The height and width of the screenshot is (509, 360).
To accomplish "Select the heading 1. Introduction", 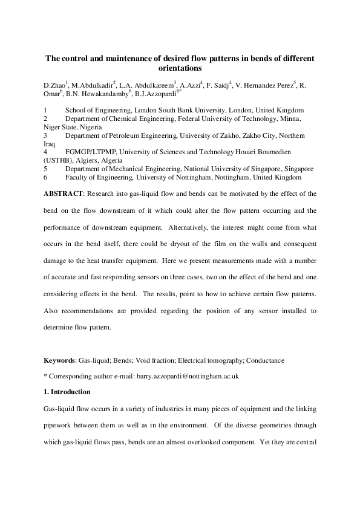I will [67, 392].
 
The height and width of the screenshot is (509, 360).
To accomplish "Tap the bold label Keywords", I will [59, 360].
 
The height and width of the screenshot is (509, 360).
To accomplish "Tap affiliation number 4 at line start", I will [45, 153].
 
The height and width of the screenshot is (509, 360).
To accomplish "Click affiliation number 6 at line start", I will [45, 178].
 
